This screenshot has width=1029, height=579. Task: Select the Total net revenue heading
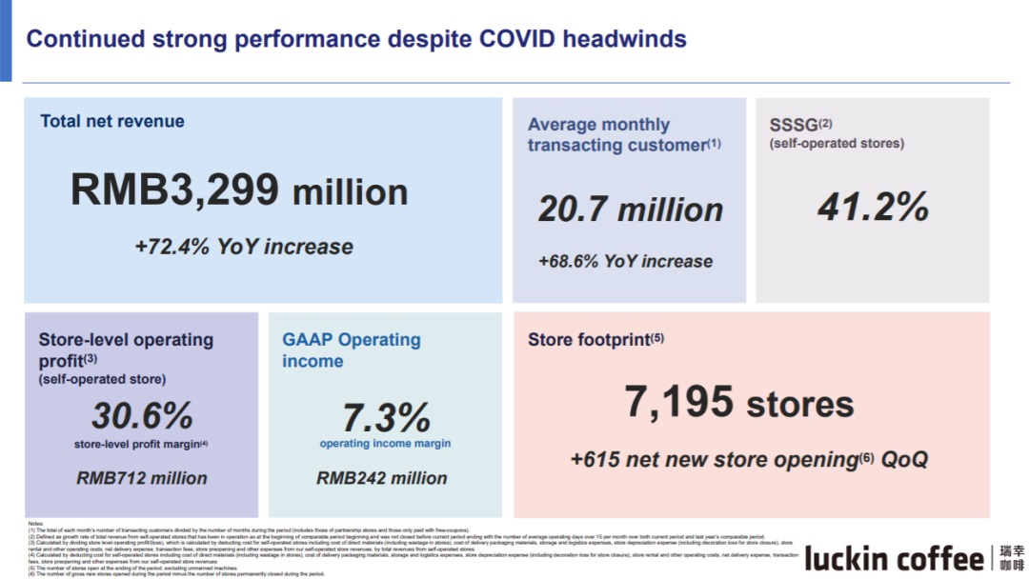[x=112, y=121]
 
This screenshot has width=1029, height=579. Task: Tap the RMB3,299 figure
[x=173, y=190]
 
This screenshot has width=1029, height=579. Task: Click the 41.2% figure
[x=873, y=207]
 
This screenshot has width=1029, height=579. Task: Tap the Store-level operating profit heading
[x=126, y=349]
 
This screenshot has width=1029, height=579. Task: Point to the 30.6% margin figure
[x=142, y=415]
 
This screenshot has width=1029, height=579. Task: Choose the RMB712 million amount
[x=142, y=478]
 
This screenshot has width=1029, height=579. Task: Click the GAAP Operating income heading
[x=351, y=349]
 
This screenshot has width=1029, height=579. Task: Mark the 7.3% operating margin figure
[x=386, y=417]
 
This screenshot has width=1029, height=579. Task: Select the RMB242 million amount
[x=382, y=478]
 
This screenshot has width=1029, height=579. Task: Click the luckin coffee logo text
[x=894, y=559]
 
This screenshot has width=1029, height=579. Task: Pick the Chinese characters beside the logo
[x=1013, y=559]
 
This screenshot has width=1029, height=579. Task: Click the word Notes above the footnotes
[x=35, y=524]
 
